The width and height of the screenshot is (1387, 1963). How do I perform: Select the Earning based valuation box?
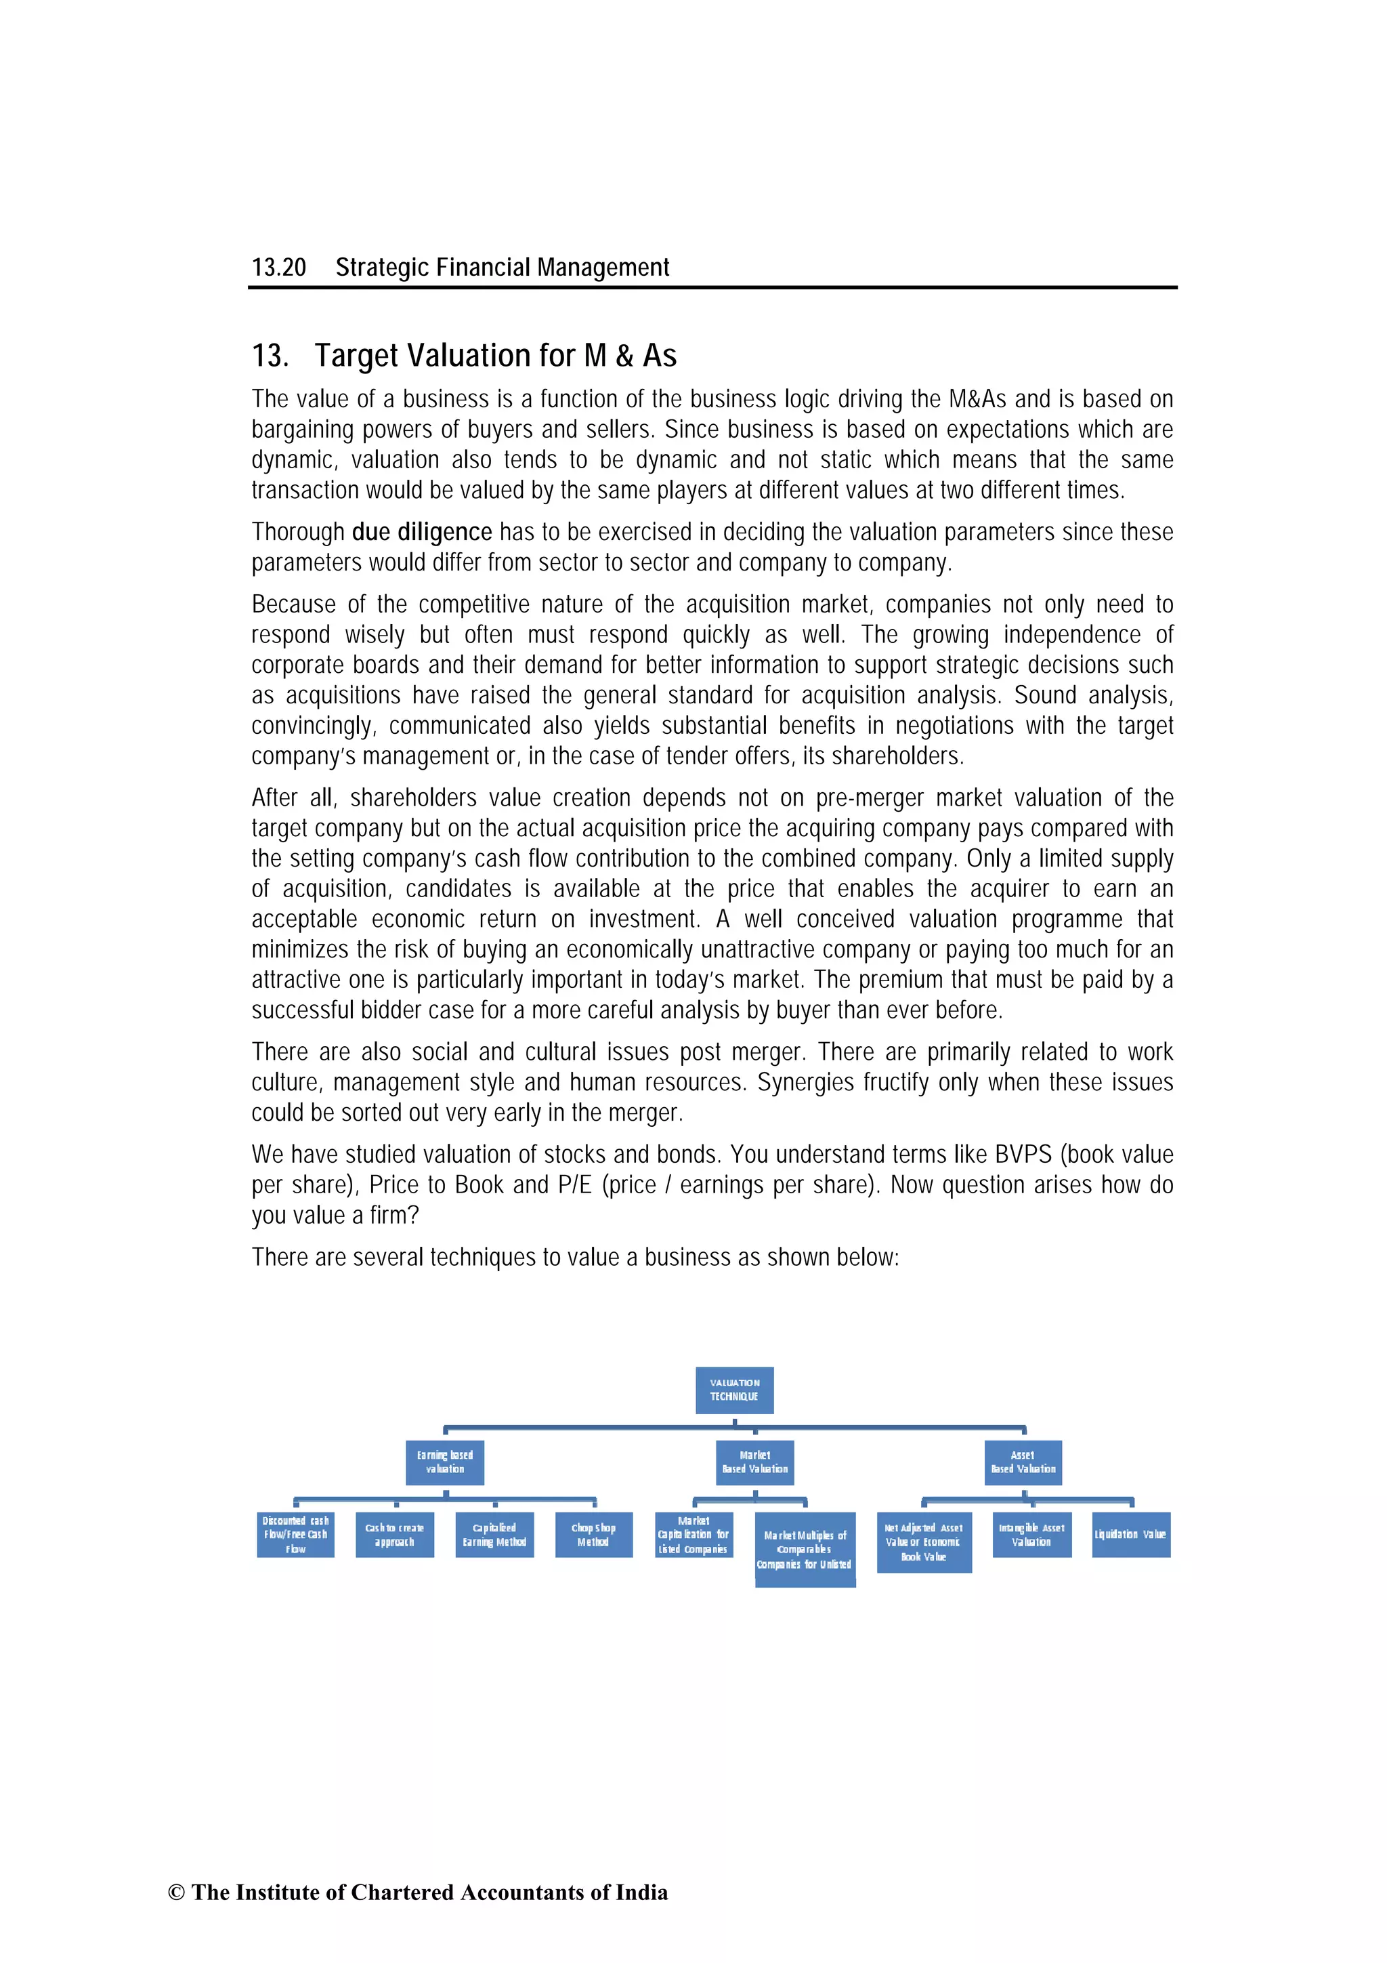coord(444,1462)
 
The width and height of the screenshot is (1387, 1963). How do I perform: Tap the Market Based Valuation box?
coord(754,1462)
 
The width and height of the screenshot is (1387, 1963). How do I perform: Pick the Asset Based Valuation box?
coord(1023,1462)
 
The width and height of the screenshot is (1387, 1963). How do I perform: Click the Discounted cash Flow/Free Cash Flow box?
coord(295,1535)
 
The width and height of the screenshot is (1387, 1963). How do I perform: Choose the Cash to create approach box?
coord(394,1535)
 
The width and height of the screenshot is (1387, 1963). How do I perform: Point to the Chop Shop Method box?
coord(593,1535)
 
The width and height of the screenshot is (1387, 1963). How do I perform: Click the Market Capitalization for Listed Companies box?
coord(693,1535)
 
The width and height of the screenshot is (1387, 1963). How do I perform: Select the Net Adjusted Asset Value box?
coord(924,1542)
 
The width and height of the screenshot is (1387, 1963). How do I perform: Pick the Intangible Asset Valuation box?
coord(1031,1535)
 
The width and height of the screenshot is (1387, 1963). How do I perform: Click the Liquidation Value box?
coord(1130,1535)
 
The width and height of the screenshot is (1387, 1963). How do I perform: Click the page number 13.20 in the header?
coord(278,268)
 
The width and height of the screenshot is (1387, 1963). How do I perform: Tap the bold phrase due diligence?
coord(421,532)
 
